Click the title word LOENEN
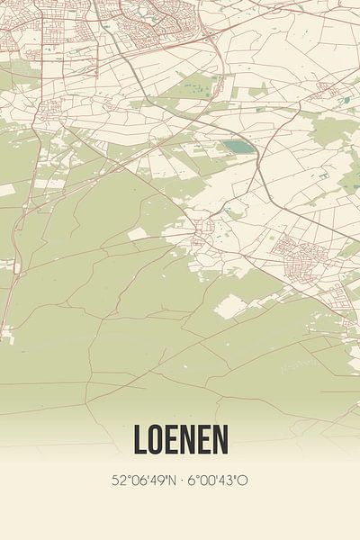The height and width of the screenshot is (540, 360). coord(180,438)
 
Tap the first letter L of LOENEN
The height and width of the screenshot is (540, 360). coord(140,438)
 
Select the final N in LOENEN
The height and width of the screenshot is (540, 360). coord(220,438)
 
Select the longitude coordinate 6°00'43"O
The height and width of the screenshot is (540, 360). coord(217,481)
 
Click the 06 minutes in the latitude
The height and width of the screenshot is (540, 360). coord(137,481)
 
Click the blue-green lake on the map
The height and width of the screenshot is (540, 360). coord(238,145)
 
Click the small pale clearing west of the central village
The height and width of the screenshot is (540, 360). coord(138,234)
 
